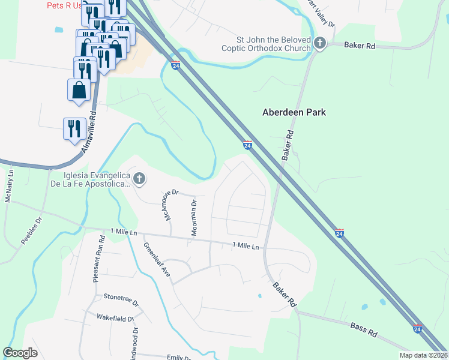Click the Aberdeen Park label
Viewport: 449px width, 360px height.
click(x=294, y=112)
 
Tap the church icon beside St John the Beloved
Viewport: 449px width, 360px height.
click(x=320, y=43)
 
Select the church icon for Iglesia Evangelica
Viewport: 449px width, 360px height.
click(x=139, y=178)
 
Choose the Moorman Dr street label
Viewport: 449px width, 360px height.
click(x=194, y=217)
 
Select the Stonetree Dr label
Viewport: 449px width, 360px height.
click(x=121, y=296)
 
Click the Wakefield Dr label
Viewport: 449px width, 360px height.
click(x=113, y=319)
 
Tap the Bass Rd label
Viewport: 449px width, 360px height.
click(x=364, y=328)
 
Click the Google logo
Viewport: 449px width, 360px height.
click(x=20, y=353)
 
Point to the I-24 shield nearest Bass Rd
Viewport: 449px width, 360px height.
click(x=418, y=329)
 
